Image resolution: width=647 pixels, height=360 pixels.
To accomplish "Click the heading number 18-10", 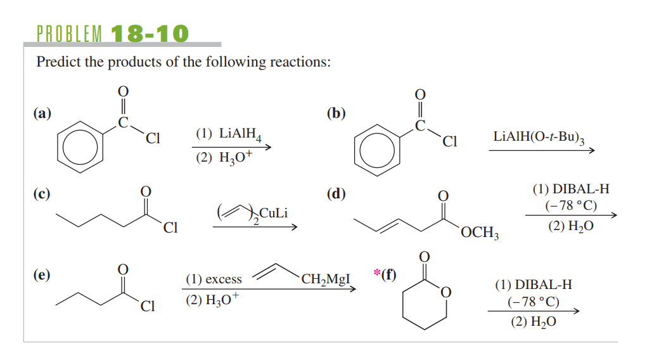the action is (x=150, y=33).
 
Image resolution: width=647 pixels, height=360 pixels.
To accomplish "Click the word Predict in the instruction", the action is (x=59, y=63).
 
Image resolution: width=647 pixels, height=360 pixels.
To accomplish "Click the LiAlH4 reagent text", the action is (x=236, y=134).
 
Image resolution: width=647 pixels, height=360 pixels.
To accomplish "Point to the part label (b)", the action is (x=336, y=113).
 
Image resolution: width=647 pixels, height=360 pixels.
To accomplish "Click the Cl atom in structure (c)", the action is (x=169, y=228).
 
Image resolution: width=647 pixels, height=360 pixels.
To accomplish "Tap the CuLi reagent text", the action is (x=274, y=213).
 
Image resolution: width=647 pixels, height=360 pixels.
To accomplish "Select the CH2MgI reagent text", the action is (x=326, y=278).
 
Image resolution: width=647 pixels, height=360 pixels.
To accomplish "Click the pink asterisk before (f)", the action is (x=377, y=274).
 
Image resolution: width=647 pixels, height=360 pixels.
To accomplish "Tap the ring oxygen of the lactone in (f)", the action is (x=445, y=292).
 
